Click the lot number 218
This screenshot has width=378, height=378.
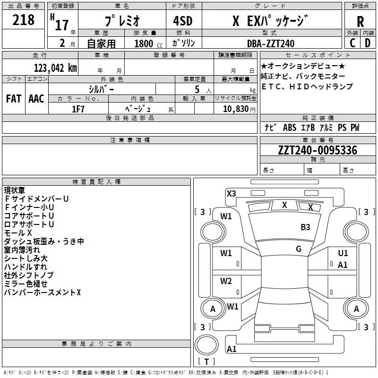point(24,20)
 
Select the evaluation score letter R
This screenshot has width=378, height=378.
point(360,22)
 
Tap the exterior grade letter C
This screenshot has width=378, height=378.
point(352,43)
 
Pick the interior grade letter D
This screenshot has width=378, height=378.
point(368,43)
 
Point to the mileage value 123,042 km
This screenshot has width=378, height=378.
point(55,68)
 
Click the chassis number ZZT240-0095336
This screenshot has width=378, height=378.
point(318,151)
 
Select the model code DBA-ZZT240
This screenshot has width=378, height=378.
point(271,43)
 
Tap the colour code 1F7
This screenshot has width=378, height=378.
point(78,109)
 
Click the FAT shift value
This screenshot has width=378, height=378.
point(13,99)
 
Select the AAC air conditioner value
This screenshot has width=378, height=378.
point(36,99)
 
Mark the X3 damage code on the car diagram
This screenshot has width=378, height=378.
point(231,193)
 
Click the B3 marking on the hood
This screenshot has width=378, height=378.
point(305,227)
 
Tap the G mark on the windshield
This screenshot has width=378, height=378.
point(299,249)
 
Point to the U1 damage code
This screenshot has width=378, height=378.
point(343,254)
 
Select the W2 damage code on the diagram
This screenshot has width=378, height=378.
point(226,281)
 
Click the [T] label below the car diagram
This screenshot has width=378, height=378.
point(206,362)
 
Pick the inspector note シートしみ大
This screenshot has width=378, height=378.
point(26,258)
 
